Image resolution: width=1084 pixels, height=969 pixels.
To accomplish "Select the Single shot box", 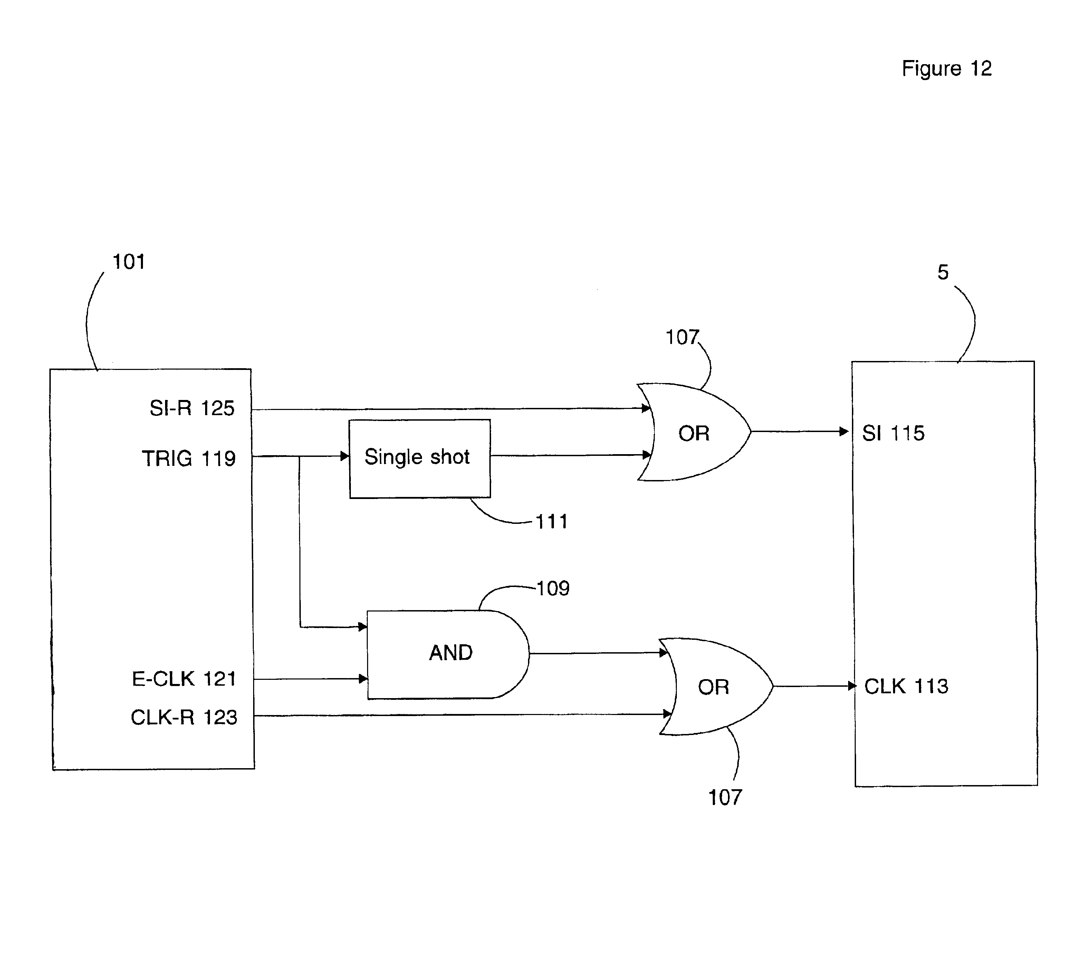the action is tap(420, 459).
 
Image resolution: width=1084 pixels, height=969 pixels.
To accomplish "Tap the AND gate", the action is tap(448, 654).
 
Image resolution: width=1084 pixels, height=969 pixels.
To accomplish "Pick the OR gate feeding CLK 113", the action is tap(716, 686).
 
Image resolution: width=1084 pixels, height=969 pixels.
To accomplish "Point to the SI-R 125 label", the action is tap(192, 408).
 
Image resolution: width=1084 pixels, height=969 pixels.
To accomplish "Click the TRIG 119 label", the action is tap(189, 458).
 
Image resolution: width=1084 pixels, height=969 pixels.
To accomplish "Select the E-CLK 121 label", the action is tap(184, 679).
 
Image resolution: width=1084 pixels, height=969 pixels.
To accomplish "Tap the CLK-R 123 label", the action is tap(184, 718).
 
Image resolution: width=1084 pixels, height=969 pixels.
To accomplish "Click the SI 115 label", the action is tap(893, 433).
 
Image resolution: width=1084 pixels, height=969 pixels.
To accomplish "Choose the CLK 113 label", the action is tap(906, 687).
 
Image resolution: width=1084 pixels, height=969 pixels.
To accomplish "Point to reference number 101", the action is tap(128, 262).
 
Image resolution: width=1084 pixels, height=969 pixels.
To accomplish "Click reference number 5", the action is tap(943, 273).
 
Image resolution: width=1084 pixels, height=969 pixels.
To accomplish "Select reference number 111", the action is tap(551, 522).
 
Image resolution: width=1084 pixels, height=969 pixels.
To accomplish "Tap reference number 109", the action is tap(553, 588).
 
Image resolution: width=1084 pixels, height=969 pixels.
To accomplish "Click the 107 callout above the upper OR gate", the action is tap(682, 337).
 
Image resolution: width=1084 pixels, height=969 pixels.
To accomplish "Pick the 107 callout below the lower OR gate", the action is tap(725, 797).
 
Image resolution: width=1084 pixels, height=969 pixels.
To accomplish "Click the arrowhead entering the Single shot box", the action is tap(345, 456).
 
